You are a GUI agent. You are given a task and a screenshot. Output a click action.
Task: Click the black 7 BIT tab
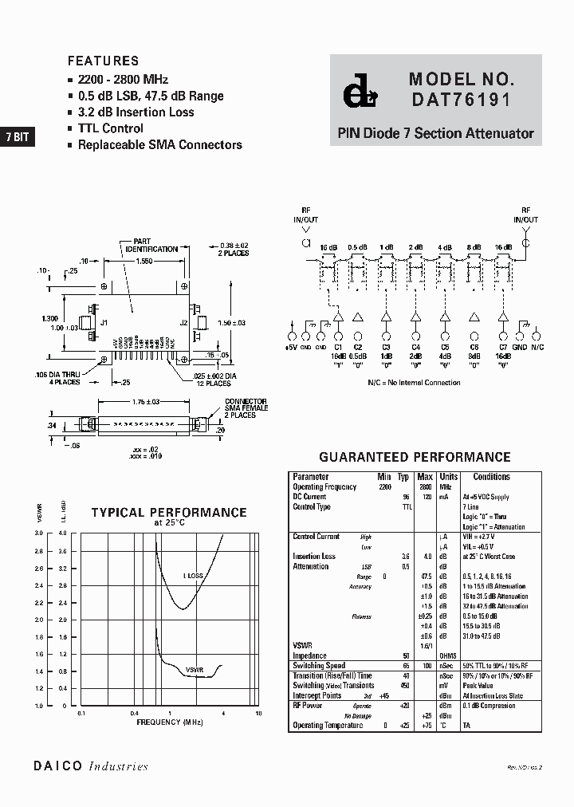click(17, 136)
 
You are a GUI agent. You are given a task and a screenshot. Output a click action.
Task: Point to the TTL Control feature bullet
click(110, 128)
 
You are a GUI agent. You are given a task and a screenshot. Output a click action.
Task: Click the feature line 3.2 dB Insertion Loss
click(136, 112)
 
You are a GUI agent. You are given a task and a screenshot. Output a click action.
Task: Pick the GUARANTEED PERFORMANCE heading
click(415, 458)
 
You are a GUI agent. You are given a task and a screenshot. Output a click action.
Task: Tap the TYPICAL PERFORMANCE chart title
click(169, 513)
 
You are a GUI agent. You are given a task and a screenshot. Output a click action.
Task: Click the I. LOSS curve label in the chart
click(194, 574)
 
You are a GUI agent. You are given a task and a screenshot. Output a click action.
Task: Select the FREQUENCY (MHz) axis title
click(170, 722)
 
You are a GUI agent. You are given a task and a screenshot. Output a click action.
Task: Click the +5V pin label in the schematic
click(290, 347)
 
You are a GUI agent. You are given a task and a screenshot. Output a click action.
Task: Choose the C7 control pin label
click(502, 347)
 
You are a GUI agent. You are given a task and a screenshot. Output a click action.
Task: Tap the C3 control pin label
click(386, 347)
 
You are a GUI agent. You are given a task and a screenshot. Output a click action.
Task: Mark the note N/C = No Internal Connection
click(414, 383)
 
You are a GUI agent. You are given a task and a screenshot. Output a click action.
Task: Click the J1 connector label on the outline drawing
click(104, 323)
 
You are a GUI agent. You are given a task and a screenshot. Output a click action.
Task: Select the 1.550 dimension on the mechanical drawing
click(144, 262)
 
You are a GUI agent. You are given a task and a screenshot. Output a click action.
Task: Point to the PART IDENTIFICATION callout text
click(151, 245)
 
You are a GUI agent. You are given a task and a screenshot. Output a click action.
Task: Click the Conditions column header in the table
click(491, 477)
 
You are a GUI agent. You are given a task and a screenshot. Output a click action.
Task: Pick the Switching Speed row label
click(319, 665)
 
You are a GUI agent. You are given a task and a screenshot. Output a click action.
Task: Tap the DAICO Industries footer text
click(91, 766)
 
